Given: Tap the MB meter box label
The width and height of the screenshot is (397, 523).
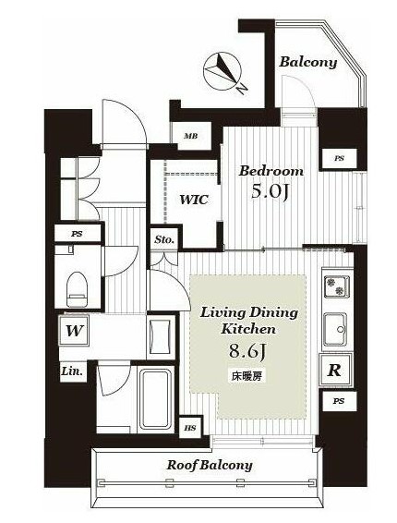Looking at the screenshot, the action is click(191, 136).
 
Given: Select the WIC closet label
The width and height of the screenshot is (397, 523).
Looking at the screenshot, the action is click(194, 200).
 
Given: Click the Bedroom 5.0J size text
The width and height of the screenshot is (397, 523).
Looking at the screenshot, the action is click(270, 191).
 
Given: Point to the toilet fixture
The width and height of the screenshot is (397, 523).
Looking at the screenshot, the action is click(77, 288).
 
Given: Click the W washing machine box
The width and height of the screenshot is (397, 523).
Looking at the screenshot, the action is click(74, 331).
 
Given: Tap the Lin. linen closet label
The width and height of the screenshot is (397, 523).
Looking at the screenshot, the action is click(72, 371).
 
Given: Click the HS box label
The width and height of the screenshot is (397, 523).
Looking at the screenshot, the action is click(191, 428).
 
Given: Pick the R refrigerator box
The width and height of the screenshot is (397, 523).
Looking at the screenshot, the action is click(335, 370).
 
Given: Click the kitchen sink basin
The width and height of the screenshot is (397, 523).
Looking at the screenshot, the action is click(335, 330).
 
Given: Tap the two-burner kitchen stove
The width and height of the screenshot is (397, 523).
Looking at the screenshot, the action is click(337, 286).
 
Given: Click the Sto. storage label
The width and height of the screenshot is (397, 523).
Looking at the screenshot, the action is click(164, 239).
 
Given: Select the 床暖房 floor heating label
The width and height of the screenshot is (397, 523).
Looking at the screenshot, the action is click(247, 376).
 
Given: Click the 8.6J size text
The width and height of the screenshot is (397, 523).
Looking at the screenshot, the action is click(247, 351).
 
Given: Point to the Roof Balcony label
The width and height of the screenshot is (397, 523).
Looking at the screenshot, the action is click(210, 465).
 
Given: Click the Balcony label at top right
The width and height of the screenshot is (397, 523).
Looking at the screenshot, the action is click(308, 63).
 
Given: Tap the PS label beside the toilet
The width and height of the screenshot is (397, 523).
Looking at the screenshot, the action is click(77, 234).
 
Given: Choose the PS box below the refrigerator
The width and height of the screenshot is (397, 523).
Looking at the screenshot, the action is click(338, 401).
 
